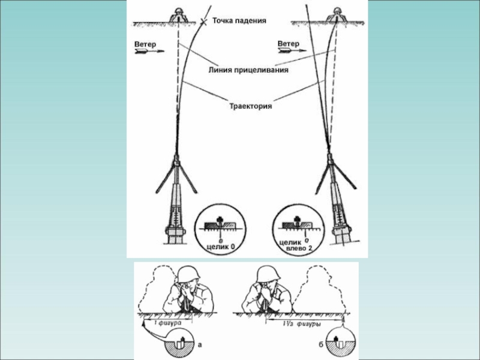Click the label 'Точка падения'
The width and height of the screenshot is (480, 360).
tap(239, 21)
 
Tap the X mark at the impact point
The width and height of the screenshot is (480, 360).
tap(205, 22)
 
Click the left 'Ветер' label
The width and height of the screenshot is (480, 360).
tap(146, 44)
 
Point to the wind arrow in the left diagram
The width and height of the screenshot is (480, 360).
tap(149, 53)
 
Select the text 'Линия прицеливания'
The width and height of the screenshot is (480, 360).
tap(248, 70)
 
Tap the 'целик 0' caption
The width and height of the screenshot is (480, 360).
tap(220, 246)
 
